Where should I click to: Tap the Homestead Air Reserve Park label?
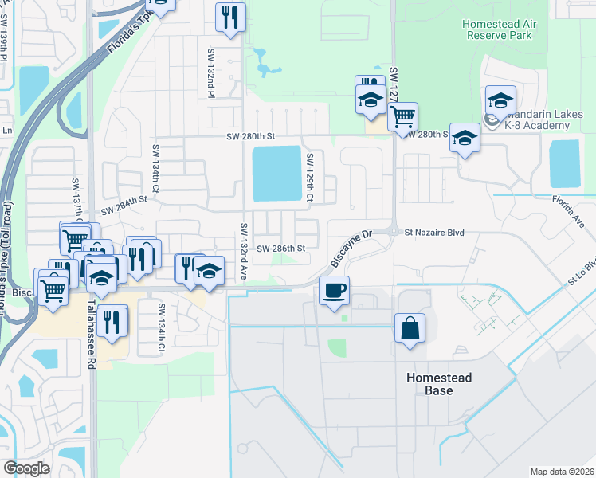pyautogui.click(x=500, y=29)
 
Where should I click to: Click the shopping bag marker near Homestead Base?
pyautogui.click(x=410, y=328)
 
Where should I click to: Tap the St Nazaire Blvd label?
pyautogui.click(x=433, y=233)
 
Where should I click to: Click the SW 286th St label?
pyautogui.click(x=281, y=249)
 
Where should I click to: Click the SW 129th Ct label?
pyautogui.click(x=308, y=178)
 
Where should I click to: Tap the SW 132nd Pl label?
pyautogui.click(x=211, y=72)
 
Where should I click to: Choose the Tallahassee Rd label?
pyautogui.click(x=92, y=338)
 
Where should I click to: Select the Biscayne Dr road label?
pyautogui.click(x=351, y=249)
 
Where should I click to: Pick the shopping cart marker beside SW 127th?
pyautogui.click(x=403, y=117)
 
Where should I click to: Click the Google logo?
pyautogui.click(x=26, y=468)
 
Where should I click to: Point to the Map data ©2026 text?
pyautogui.click(x=561, y=472)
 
